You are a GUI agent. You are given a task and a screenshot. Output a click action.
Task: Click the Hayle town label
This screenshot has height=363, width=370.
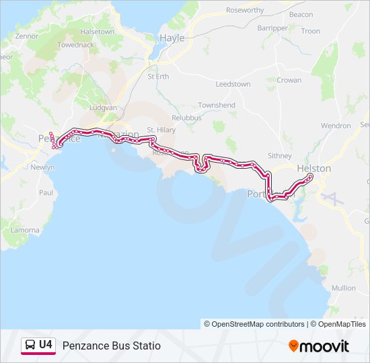pos(172,38)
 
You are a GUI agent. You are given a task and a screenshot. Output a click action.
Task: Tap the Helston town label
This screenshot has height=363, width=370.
pos(313,169)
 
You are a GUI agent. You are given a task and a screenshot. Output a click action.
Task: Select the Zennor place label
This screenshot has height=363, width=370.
pos(26,36)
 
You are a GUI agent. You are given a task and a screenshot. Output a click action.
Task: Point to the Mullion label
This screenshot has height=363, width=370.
pos(344,288)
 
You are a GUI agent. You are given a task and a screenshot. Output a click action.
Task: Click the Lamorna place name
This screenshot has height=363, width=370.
pos(24,229)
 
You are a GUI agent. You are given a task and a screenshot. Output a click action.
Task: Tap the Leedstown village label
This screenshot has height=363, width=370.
pos(233,84)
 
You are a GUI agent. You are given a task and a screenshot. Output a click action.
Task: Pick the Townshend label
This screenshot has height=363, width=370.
pos(217,106)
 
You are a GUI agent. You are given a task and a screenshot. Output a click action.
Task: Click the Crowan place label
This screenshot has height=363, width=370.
pos(289,80)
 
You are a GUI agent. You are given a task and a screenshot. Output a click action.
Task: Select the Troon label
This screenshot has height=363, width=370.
pos(311,31)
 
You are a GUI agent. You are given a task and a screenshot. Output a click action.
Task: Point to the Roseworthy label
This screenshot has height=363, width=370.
pos(245,10)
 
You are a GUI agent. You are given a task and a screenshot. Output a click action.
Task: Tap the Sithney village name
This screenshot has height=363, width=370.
pos(280,155)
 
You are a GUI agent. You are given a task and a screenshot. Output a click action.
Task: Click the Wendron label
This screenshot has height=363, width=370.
pos(336,126)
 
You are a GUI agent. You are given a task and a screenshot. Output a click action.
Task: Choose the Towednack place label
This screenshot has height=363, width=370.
pos(74,45)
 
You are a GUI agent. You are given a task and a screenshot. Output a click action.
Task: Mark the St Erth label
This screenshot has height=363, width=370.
pos(158,76)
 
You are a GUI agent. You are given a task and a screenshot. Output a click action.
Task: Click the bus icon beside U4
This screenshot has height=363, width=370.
pos(30,345)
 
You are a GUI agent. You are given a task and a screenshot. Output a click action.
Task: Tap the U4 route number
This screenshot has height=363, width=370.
pos(46,345)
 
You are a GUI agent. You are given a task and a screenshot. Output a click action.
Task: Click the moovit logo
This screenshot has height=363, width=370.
pos(319,346)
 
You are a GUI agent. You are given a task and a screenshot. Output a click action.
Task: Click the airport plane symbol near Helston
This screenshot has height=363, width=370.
pos(330,196)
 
